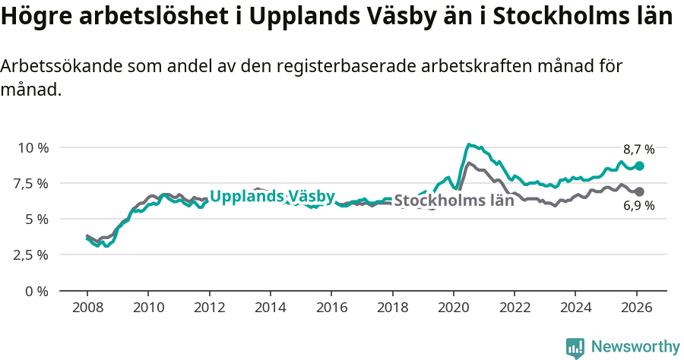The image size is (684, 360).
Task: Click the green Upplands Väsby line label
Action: pyautogui.click(x=272, y=197)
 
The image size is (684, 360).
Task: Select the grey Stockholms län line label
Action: pyautogui.click(x=454, y=201)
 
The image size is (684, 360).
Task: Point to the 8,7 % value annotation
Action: pyautogui.click(x=638, y=150)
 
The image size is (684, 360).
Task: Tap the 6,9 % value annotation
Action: pyautogui.click(x=638, y=206)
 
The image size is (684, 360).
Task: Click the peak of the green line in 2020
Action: pyautogui.click(x=470, y=144)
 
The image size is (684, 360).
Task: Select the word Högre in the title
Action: pyautogui.click(x=35, y=17)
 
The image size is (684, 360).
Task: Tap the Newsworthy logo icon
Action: pyautogui.click(x=575, y=348)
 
